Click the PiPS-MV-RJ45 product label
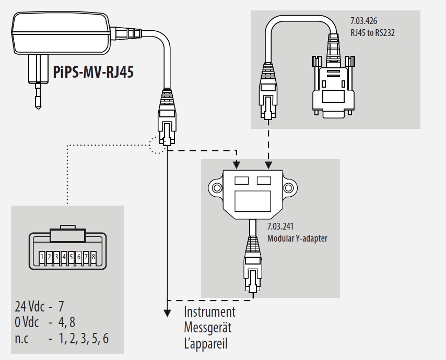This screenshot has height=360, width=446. [93, 71]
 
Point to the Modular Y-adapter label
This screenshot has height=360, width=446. [297, 238]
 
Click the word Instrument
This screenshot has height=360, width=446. [209, 312]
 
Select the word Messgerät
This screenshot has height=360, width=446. [207, 328]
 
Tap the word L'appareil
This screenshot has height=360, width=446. [206, 344]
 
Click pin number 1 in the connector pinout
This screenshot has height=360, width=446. [42, 257]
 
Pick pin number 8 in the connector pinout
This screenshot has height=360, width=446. [93, 257]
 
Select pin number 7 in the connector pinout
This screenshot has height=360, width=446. [86, 257]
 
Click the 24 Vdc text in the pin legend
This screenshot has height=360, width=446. [29, 306]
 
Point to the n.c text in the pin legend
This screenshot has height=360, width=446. [21, 338]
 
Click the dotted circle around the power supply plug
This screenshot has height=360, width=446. [158, 145]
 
